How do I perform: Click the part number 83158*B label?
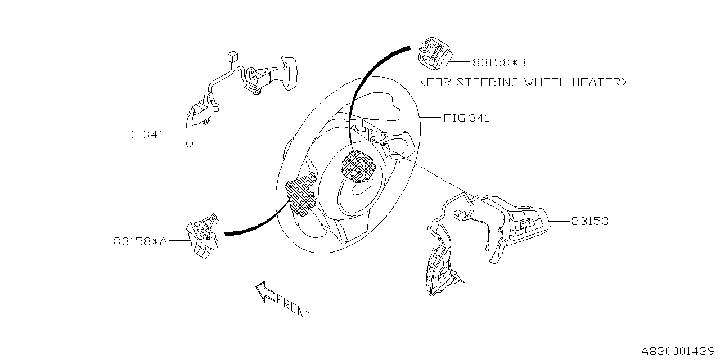[x=499, y=62]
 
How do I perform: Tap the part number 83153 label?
[x=589, y=222]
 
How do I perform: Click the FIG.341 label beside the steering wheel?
[x=466, y=118]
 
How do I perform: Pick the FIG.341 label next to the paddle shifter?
[x=141, y=135]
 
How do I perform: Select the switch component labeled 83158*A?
[x=202, y=238]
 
